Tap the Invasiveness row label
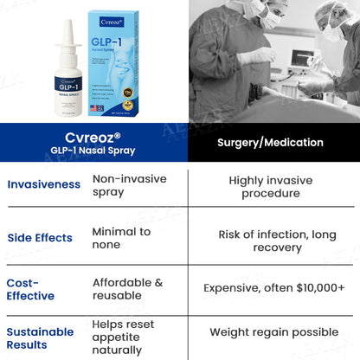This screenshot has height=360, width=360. click(x=44, y=184)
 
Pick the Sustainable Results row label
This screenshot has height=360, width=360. click(x=40, y=337)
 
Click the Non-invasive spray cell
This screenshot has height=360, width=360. click(x=129, y=184)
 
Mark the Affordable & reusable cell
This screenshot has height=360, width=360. click(x=128, y=290)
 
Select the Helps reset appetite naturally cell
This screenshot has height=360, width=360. click(x=119, y=337)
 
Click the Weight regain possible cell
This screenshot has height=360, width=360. click(x=273, y=332)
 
